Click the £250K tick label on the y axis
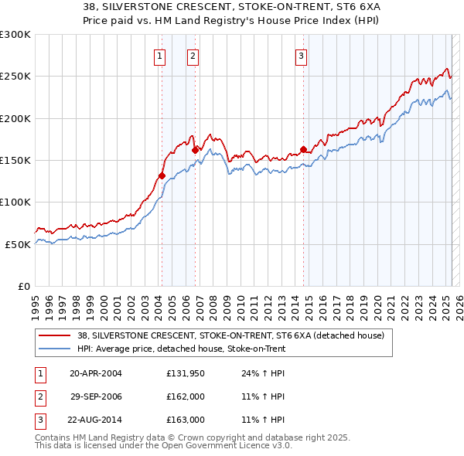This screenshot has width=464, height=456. click(15, 77)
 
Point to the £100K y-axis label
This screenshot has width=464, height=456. click(15, 202)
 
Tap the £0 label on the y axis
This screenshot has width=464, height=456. click(24, 286)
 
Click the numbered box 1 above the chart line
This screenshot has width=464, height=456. click(159, 56)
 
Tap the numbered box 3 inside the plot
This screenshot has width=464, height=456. click(301, 56)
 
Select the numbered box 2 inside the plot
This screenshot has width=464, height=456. click(193, 56)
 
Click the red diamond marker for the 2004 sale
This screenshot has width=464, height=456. click(162, 175)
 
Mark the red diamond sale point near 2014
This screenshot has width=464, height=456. click(303, 149)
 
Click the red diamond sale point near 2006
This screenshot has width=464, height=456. click(195, 150)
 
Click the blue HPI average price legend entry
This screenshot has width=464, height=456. click(181, 349)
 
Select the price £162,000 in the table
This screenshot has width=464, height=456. click(186, 396)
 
